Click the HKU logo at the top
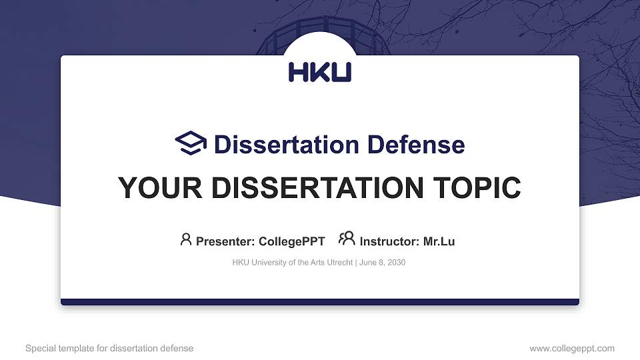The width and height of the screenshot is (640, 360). click(x=320, y=72)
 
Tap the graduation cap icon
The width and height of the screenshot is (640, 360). click(x=191, y=143)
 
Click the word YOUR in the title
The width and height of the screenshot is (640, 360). click(x=155, y=188)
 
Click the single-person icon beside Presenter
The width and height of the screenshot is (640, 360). click(x=186, y=239)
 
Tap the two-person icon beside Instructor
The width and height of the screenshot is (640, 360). click(x=347, y=239)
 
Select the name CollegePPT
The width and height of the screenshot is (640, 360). click(x=291, y=241)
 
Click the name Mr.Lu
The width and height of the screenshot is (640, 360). click(x=439, y=241)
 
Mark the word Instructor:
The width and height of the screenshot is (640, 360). click(x=390, y=241)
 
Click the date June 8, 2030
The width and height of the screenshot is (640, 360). click(x=382, y=263)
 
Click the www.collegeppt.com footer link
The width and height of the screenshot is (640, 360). click(x=571, y=348)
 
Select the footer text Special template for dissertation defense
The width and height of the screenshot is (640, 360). click(x=109, y=348)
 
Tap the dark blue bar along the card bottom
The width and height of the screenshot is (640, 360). click(x=320, y=302)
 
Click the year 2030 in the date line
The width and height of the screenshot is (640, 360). click(x=395, y=263)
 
